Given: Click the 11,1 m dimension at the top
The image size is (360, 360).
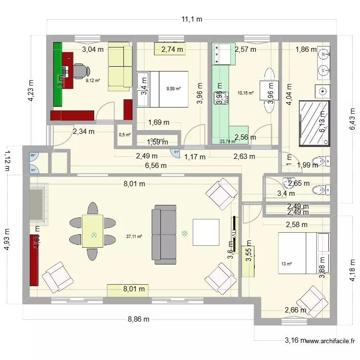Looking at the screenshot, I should [x=192, y=19].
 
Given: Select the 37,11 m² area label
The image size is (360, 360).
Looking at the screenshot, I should [x=134, y=236].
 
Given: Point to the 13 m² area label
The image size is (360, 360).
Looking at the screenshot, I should [x=287, y=264].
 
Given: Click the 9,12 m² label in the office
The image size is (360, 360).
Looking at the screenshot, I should [x=93, y=80].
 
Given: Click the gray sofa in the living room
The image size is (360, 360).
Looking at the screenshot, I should [x=164, y=235].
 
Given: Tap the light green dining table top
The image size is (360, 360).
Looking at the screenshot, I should [x=94, y=231].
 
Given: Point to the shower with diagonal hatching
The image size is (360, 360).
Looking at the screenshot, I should [x=314, y=123].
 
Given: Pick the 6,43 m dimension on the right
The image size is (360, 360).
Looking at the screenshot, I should [x=352, y=118].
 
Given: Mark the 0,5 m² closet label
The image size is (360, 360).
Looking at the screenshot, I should [x=124, y=134].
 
